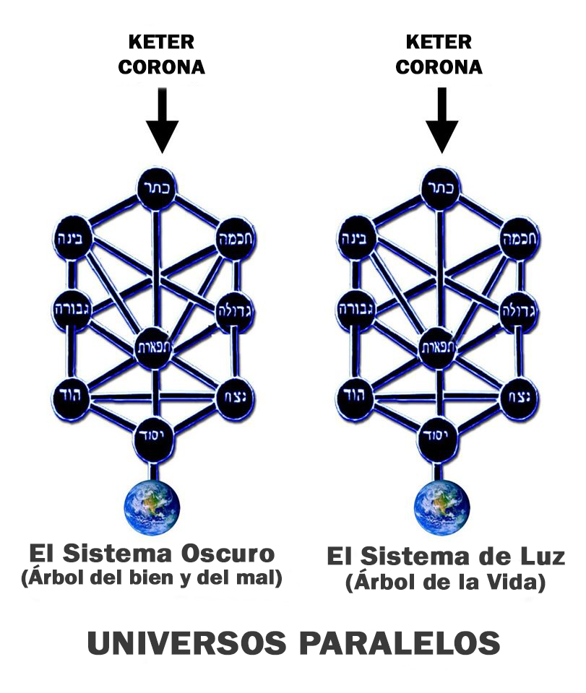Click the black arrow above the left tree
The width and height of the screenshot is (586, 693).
[163, 121]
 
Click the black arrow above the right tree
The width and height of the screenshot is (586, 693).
[441, 121]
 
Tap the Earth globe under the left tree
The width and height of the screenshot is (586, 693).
[152, 507]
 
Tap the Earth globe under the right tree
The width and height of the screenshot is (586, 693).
[441, 507]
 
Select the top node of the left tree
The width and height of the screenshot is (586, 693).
[157, 188]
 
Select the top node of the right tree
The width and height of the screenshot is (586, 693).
[441, 188]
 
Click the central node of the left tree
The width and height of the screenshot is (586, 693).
[153, 348]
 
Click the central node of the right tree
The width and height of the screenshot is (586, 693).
[437, 348]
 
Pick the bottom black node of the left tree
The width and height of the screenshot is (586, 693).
[152, 437]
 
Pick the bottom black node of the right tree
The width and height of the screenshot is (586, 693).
[436, 437]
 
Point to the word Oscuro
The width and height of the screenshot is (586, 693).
[228, 554]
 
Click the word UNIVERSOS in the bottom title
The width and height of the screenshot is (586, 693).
[187, 643]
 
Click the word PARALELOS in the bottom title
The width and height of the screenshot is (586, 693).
[400, 643]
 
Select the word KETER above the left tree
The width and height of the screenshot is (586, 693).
[161, 43]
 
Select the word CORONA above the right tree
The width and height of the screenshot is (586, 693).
[439, 67]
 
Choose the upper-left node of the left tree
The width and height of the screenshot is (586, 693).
[73, 239]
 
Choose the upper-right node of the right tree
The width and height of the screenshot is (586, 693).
[520, 239]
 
